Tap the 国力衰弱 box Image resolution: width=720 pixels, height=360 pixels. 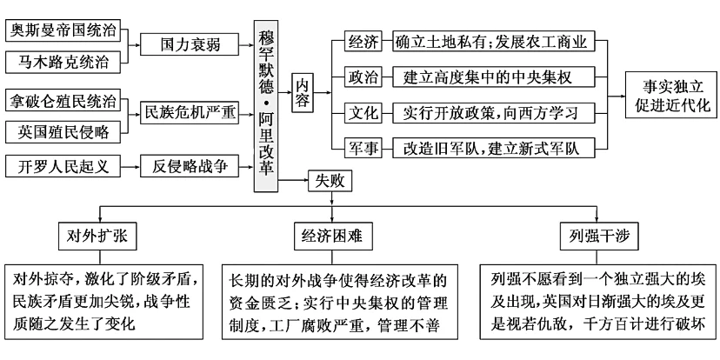[184, 45]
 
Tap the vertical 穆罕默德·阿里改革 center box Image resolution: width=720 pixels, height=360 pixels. [269, 103]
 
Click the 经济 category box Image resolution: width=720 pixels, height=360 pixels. [362, 40]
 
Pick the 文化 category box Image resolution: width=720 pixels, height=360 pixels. [362, 113]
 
